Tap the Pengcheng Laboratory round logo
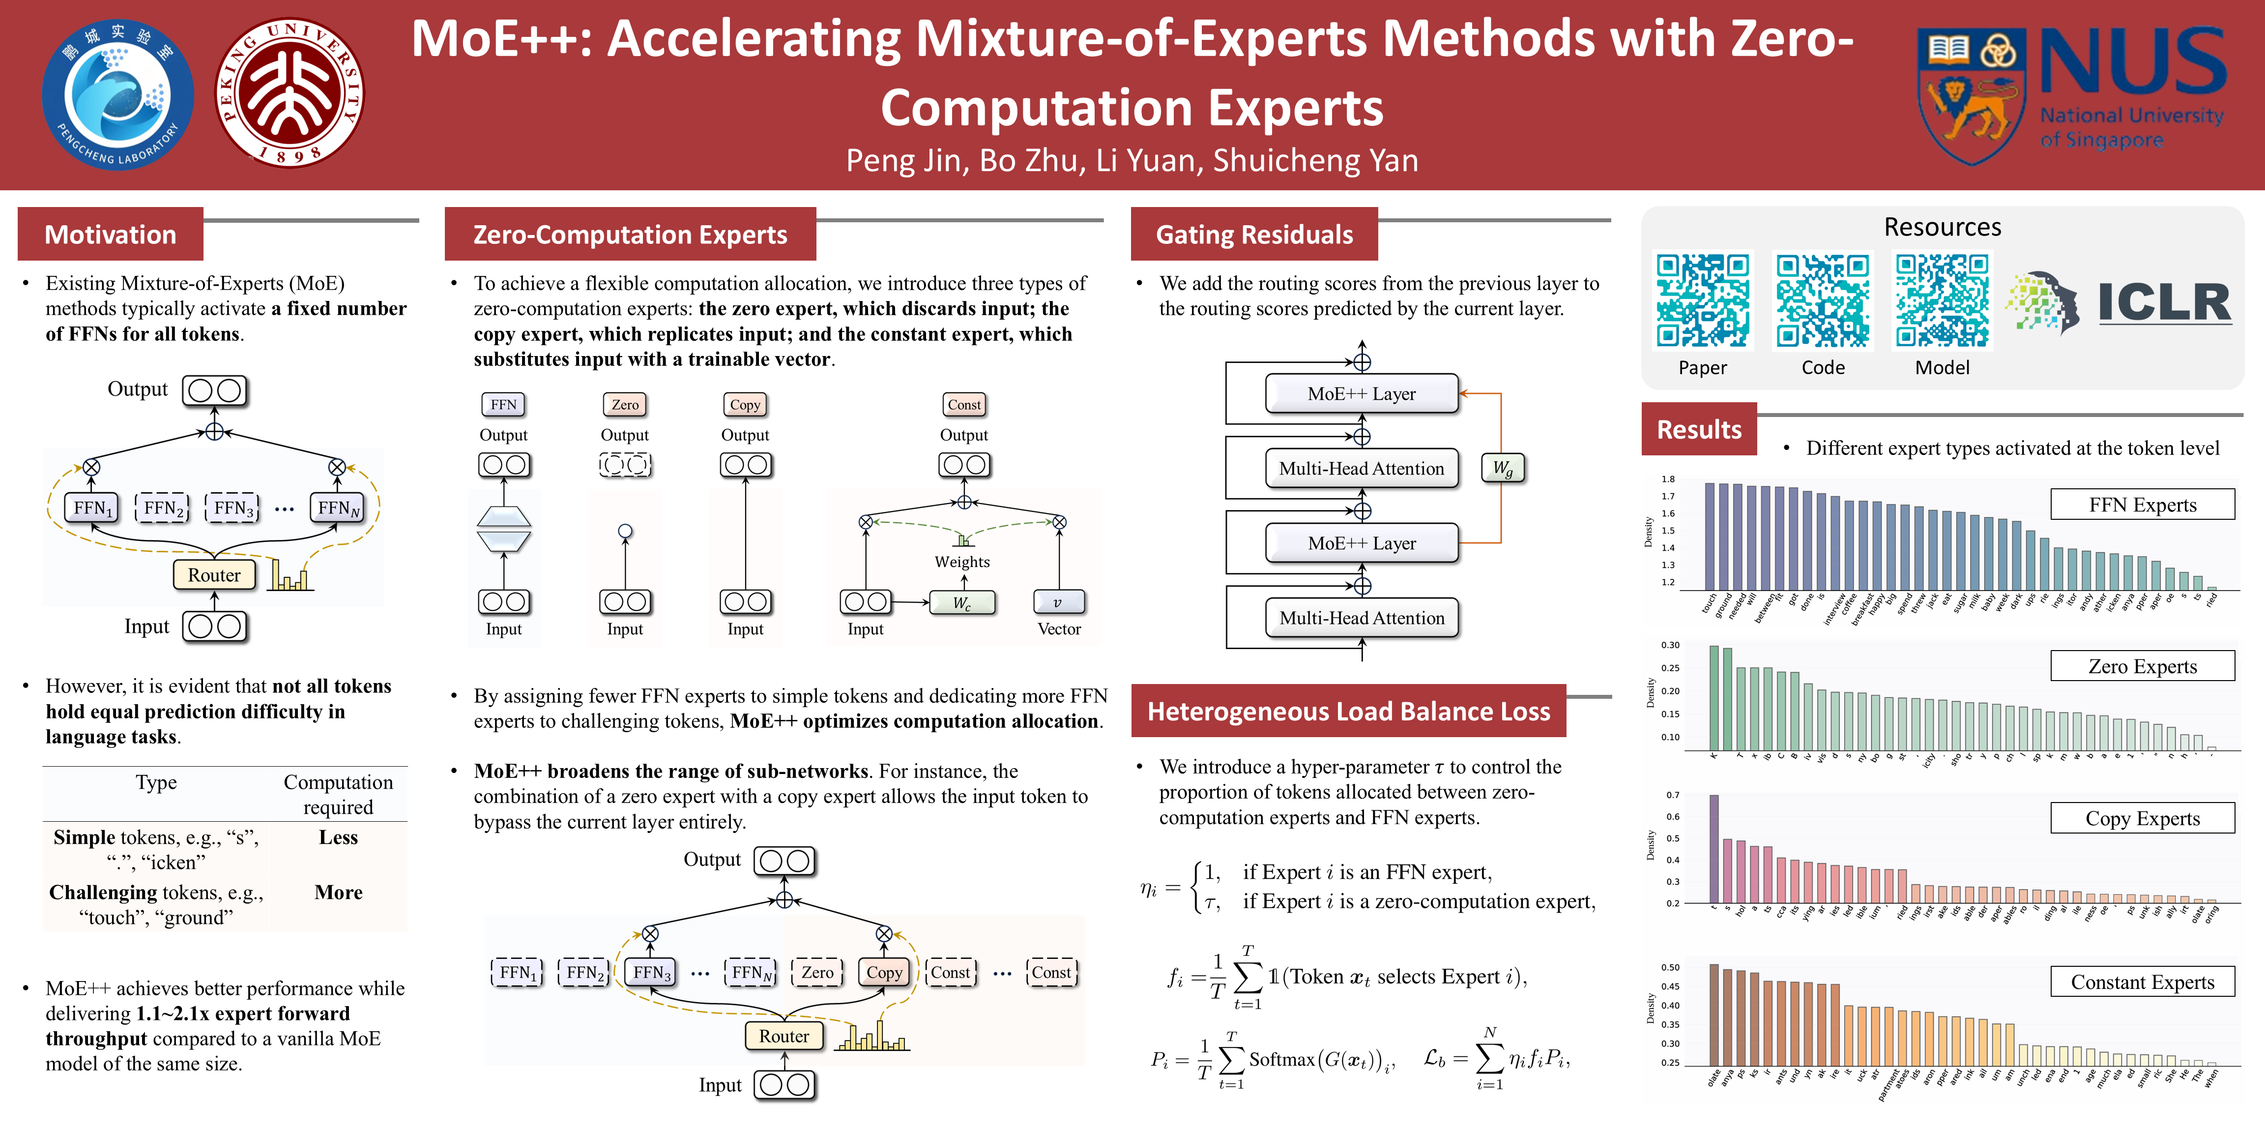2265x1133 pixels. [118, 94]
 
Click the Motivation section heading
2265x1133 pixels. [111, 235]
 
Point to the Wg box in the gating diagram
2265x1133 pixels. [1503, 468]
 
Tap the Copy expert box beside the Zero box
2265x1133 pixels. [884, 972]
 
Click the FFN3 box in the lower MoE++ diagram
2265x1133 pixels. [652, 972]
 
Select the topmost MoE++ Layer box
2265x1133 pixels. [1361, 394]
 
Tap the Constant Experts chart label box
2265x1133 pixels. [2142, 982]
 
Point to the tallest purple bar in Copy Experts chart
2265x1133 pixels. [1713, 849]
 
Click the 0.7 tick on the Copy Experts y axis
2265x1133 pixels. [1672, 795]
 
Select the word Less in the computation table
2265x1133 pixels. [338, 837]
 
